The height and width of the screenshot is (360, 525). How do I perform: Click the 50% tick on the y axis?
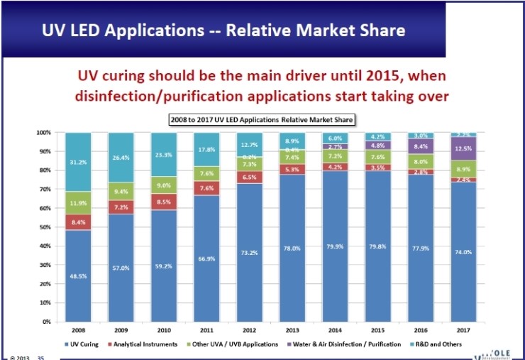(43, 227)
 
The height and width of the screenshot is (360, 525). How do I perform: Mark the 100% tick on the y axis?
(42, 132)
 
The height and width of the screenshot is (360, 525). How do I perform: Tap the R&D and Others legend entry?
(440, 344)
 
